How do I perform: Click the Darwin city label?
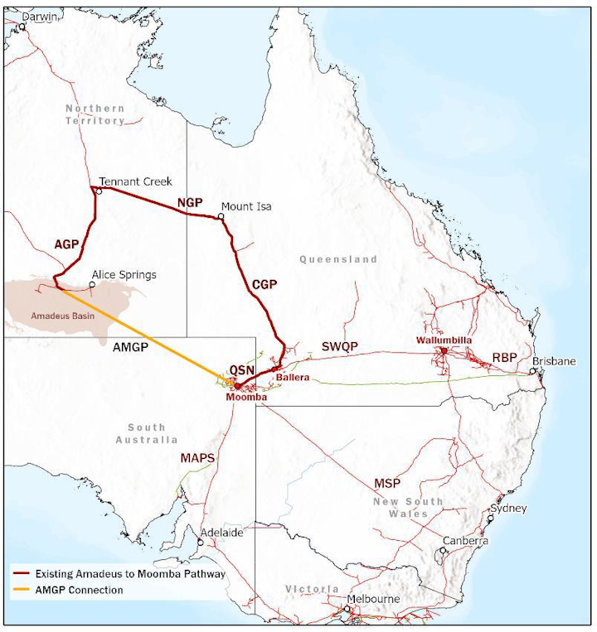point(39,16)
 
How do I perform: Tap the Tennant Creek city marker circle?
point(99,191)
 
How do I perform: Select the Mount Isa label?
point(246,206)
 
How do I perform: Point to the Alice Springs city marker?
point(92,285)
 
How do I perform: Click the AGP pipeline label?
point(66,244)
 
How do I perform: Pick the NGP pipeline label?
point(190,203)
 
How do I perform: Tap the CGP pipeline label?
point(264,284)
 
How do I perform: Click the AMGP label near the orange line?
point(129,349)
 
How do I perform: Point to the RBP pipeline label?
point(505,358)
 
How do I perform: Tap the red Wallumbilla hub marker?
point(444,351)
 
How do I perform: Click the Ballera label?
point(293,378)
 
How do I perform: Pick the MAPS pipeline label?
point(197,457)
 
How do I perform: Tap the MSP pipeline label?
point(387,483)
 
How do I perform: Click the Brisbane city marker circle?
point(533,372)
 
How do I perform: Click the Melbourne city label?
point(373,599)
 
